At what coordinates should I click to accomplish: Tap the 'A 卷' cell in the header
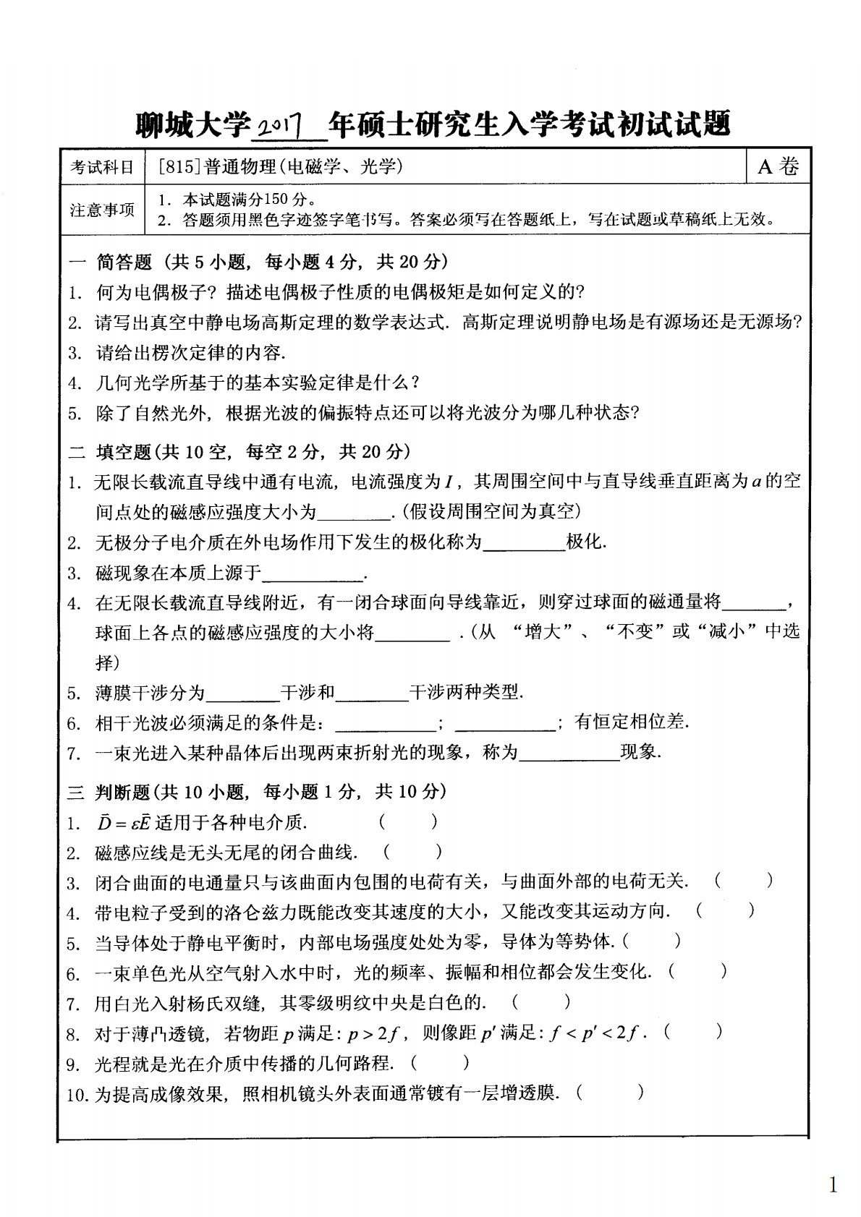tap(779, 167)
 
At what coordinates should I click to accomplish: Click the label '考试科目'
tap(102, 168)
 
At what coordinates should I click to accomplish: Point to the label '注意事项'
tap(102, 210)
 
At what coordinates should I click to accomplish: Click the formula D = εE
tap(123, 822)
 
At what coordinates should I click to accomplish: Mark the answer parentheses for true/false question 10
tap(610, 1093)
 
